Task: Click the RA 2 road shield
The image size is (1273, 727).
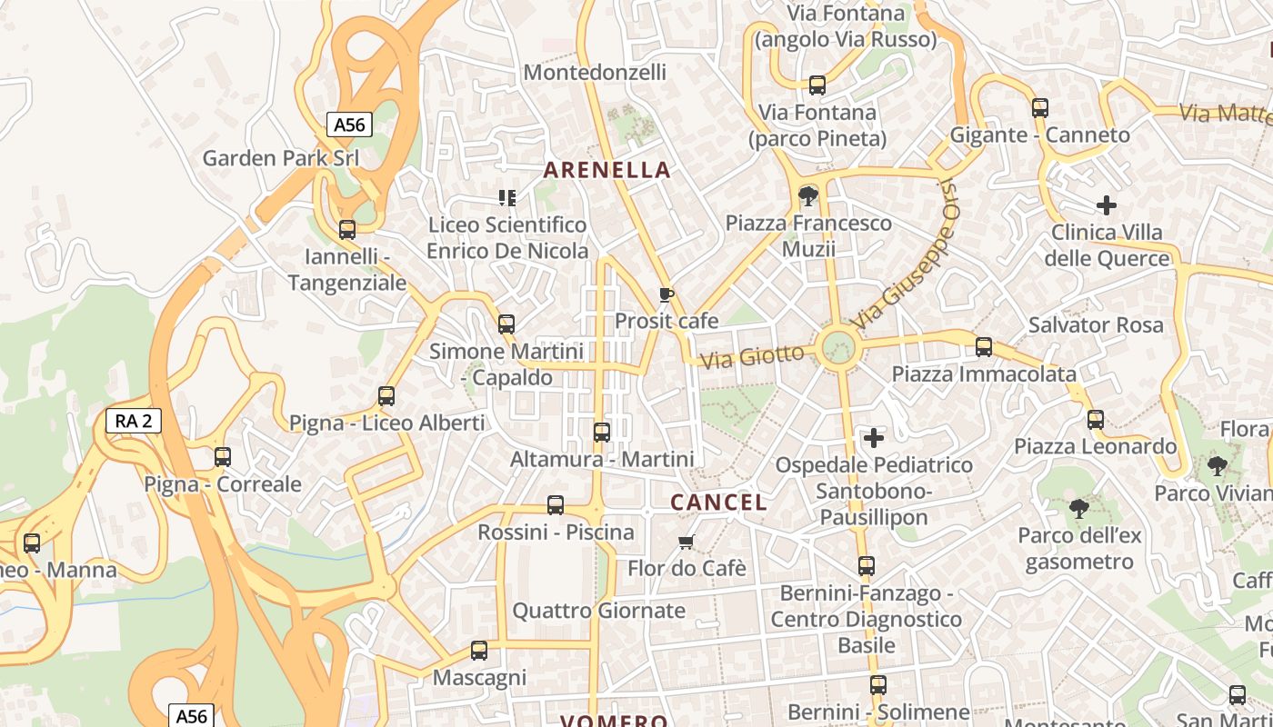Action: click(134, 421)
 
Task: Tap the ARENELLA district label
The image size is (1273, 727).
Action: click(606, 170)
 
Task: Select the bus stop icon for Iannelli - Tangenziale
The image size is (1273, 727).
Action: click(347, 230)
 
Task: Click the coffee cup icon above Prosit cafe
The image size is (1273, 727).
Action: click(666, 294)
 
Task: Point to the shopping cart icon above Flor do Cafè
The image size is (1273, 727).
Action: click(687, 543)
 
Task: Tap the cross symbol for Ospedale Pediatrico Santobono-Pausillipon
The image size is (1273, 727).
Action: click(874, 439)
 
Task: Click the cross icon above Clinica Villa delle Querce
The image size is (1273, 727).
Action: click(1106, 205)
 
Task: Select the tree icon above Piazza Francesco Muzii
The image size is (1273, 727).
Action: click(807, 195)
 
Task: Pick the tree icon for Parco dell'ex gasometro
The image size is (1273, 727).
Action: click(1078, 508)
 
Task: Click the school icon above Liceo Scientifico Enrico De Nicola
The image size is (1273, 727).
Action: click(507, 197)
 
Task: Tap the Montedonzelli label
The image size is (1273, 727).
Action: click(596, 73)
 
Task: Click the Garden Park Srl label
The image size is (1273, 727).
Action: click(280, 158)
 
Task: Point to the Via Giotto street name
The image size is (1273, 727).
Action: click(752, 356)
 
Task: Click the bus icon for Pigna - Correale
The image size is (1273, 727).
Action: click(223, 457)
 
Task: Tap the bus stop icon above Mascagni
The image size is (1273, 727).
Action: click(479, 651)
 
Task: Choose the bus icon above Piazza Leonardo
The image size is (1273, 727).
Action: click(1096, 420)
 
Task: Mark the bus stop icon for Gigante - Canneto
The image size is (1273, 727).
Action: click(1040, 108)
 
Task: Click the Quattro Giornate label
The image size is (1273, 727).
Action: click(598, 611)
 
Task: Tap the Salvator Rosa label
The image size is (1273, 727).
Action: click(1096, 325)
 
